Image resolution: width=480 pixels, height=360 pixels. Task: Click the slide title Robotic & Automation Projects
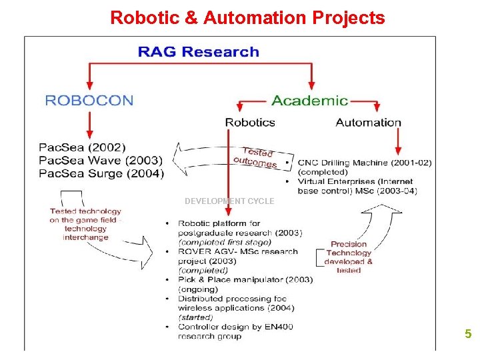(247, 17)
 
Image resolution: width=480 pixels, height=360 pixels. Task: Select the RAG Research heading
(198, 51)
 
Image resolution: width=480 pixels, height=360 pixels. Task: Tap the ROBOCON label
(89, 101)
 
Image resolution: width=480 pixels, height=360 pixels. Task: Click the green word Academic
(309, 101)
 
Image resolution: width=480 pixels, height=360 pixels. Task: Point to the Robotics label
(250, 122)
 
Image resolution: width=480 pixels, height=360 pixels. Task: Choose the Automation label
(368, 122)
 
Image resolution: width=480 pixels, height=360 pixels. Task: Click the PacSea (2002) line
(82, 147)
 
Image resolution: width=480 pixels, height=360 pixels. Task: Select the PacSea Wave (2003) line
(101, 161)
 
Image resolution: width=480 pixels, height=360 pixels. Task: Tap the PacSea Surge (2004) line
(101, 173)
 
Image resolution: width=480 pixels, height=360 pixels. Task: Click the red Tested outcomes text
(255, 157)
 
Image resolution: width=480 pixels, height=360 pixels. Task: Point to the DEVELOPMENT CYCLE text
(229, 201)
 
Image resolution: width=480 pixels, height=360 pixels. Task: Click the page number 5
(468, 334)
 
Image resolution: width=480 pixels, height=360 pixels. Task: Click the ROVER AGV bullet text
(237, 261)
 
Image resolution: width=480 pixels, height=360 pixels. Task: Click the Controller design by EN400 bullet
(235, 331)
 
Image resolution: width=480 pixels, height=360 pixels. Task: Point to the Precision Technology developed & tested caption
(349, 257)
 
